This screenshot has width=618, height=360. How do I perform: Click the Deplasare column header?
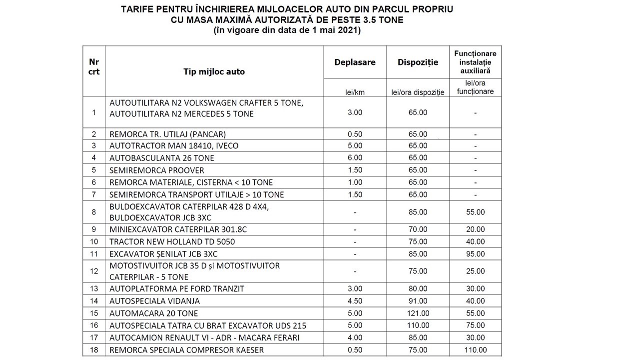coord(355,62)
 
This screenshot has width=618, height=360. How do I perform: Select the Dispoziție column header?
coord(418,62)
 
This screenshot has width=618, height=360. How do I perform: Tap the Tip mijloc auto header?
coord(214,71)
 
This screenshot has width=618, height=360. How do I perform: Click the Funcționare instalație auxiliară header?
coord(475,62)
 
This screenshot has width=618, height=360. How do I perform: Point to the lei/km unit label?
coord(355,92)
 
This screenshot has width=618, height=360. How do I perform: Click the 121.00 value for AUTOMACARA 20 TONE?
coord(418,313)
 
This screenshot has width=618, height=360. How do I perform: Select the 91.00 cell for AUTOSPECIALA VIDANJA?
coord(418,301)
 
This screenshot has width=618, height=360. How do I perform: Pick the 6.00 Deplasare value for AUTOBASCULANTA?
coord(355,158)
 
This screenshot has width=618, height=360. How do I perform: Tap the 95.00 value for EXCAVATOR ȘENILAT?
coord(475,254)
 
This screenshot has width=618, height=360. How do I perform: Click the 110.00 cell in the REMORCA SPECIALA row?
coord(475,350)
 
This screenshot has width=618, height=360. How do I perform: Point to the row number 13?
coord(93,289)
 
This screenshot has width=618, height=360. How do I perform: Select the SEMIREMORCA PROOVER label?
coord(157,170)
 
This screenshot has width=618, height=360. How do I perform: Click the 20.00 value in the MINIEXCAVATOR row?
coord(475,230)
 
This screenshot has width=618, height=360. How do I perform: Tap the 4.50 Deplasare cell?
coord(355,301)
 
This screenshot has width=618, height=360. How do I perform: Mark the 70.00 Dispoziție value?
coord(418,230)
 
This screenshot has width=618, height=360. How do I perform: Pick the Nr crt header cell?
coord(93,66)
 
